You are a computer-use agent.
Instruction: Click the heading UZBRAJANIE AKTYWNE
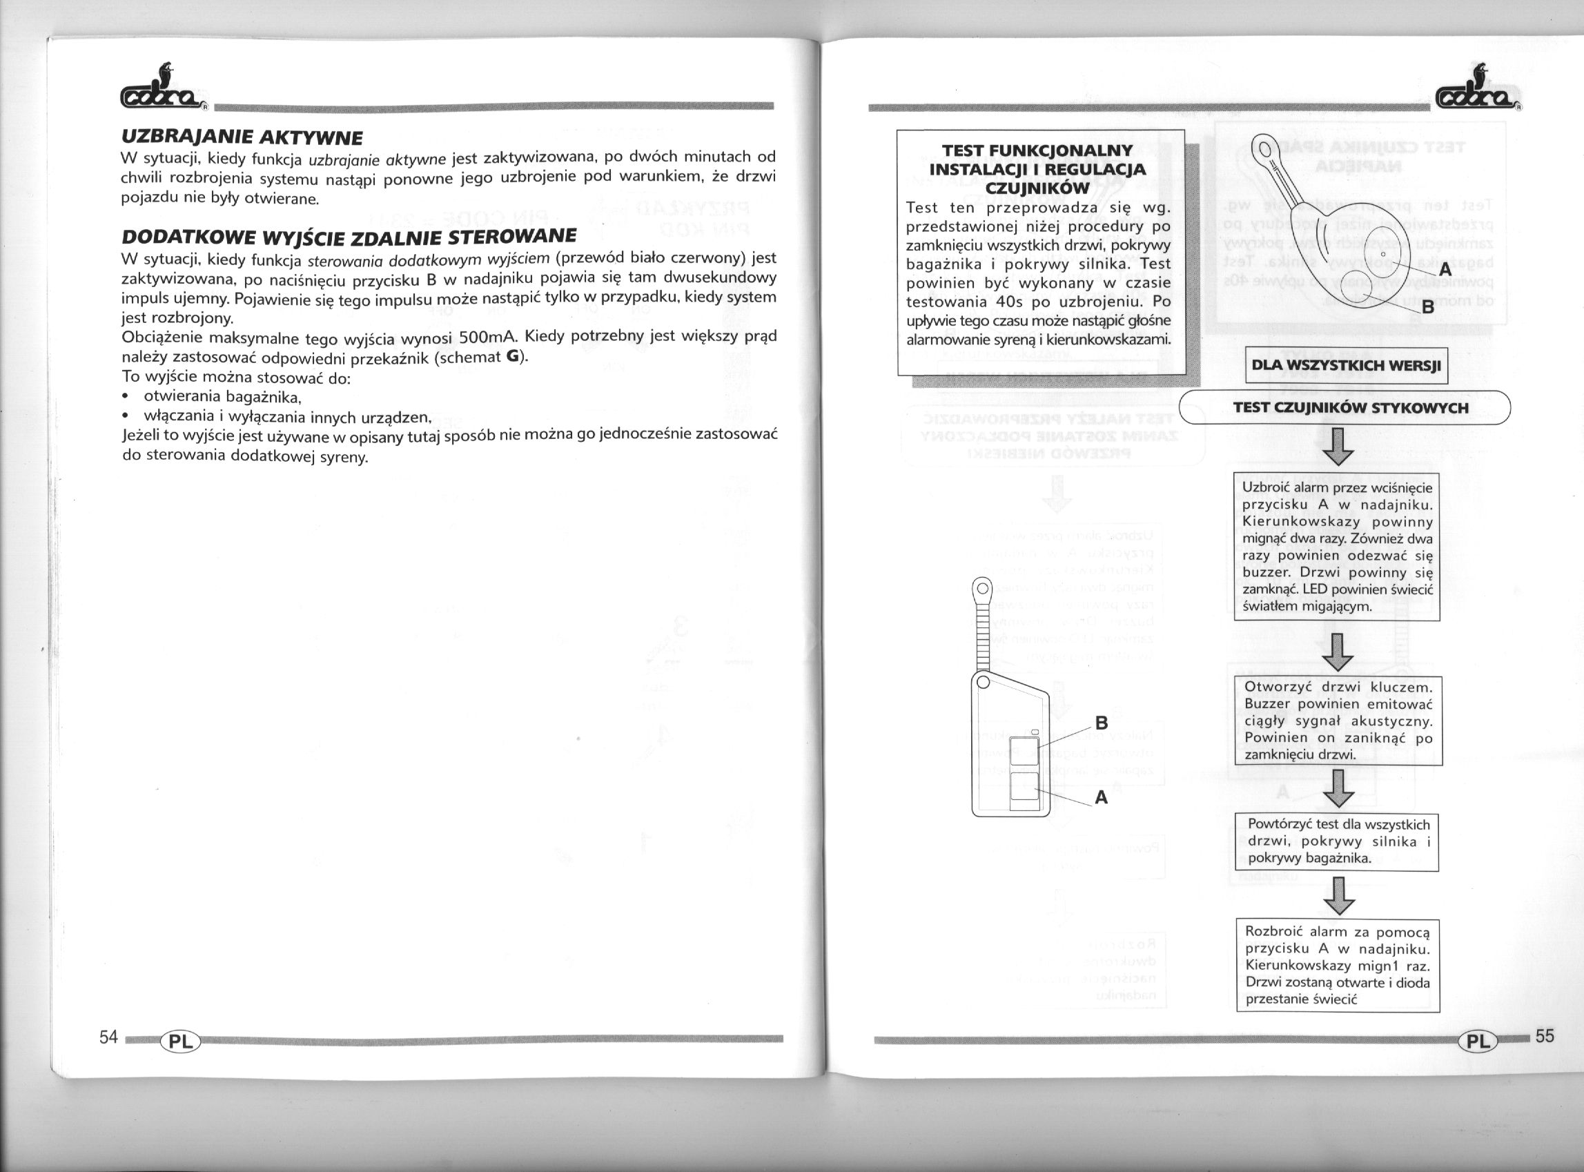[242, 136]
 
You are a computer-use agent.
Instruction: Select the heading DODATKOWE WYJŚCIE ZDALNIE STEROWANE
[349, 236]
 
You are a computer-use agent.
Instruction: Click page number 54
[108, 1037]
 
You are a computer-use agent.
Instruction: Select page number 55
[1544, 1036]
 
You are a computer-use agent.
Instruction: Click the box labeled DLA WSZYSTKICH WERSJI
[1346, 366]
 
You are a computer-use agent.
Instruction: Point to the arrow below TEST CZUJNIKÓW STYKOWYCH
[1338, 447]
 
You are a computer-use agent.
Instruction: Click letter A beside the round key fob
[1445, 271]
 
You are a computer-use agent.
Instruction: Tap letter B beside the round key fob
[1428, 308]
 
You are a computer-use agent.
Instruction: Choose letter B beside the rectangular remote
[1102, 723]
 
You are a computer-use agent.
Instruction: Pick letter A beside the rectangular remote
[1101, 797]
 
